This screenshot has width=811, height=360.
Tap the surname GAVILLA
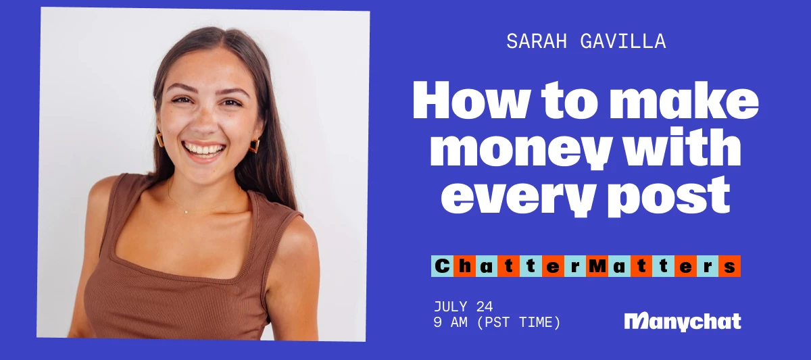621,42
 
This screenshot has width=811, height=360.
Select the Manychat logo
683,322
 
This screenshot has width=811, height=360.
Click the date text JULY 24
464,307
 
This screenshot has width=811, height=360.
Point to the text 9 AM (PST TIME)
497,323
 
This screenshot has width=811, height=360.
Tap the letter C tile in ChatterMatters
441,266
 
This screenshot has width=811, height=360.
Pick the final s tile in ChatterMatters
730,266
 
